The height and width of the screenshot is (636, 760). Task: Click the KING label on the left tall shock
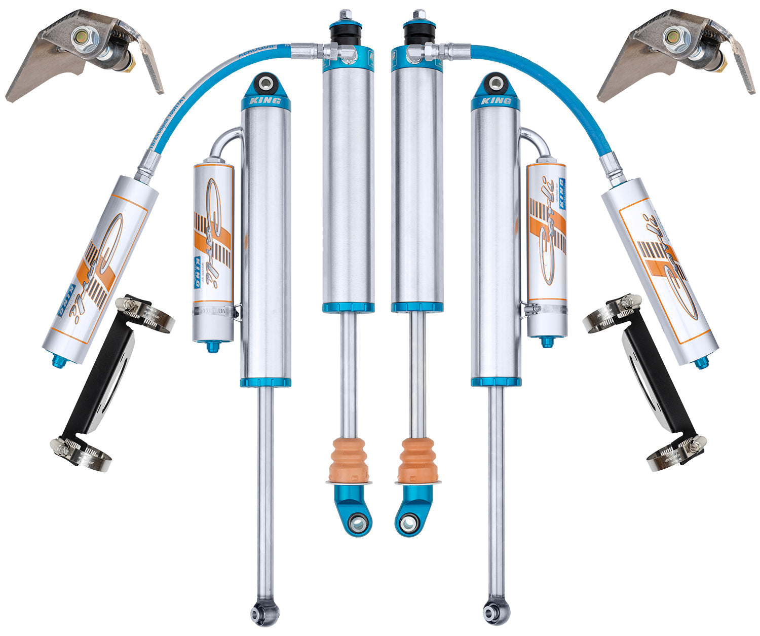266,101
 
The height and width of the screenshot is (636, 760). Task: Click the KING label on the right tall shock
496,101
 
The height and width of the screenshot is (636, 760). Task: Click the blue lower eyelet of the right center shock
408,522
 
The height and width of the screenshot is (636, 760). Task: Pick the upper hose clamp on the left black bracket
144,314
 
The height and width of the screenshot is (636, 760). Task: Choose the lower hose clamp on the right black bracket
676,454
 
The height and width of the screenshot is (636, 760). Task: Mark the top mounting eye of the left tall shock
265,82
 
